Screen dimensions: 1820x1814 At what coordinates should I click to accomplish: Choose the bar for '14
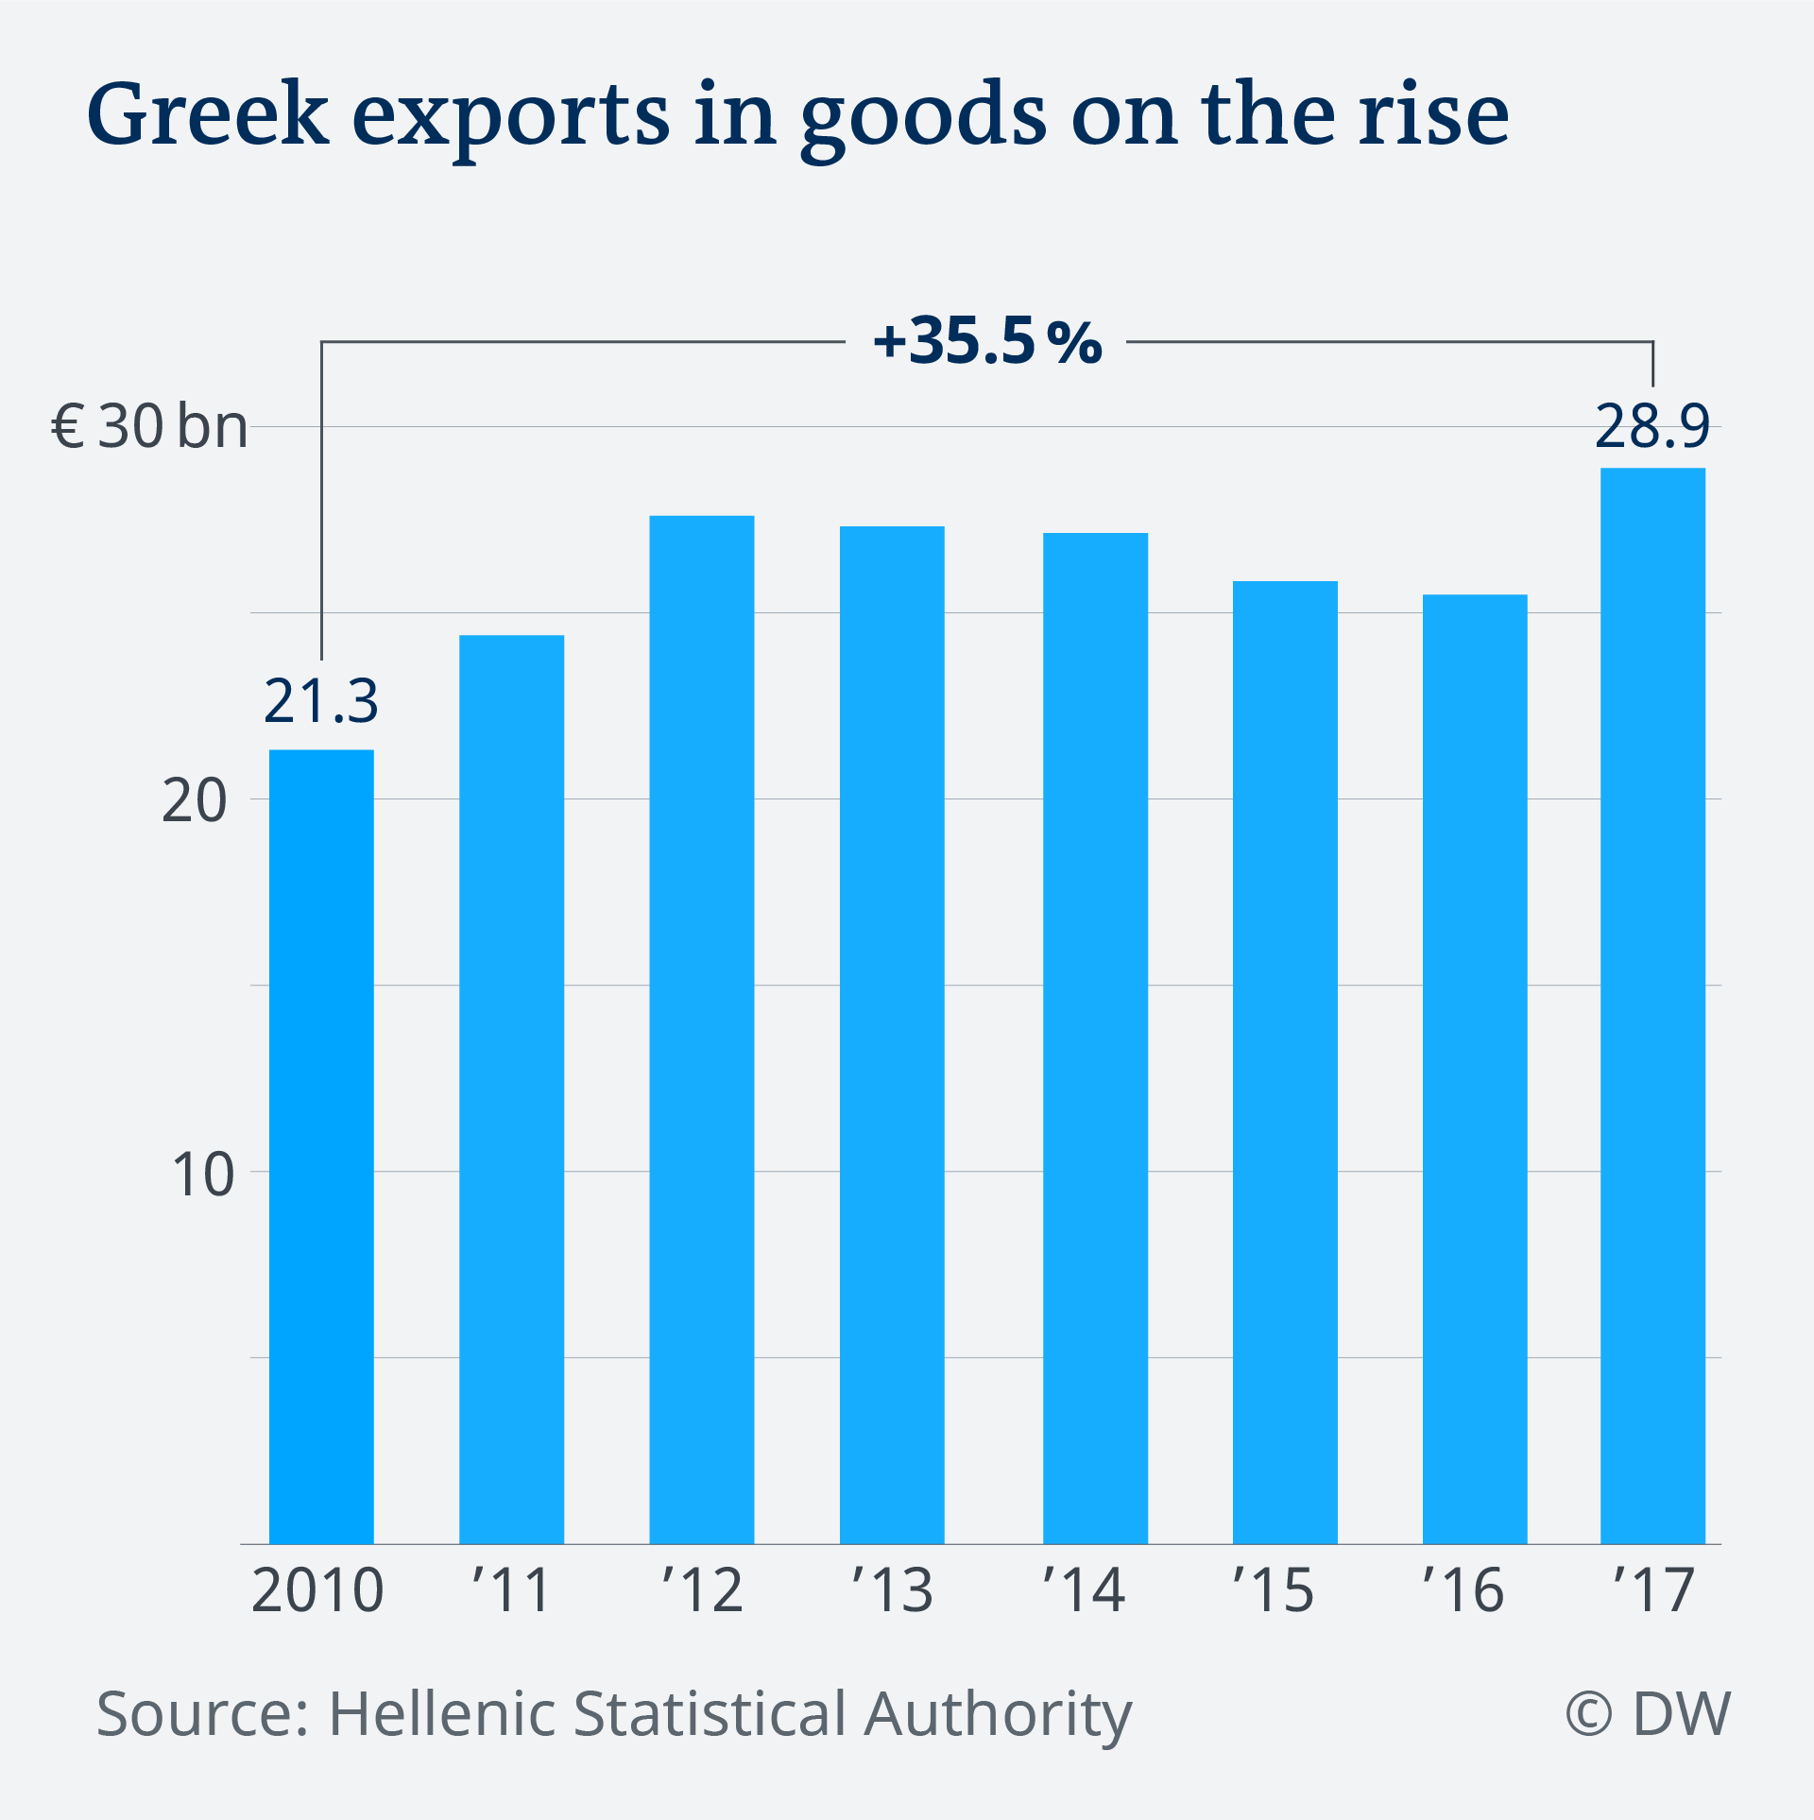(1095, 1039)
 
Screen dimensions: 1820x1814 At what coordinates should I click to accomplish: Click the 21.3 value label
(321, 702)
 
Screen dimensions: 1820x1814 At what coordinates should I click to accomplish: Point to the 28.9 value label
(1652, 427)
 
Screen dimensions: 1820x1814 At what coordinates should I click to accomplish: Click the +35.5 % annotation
(987, 342)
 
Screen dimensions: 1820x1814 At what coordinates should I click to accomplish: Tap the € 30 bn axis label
(149, 427)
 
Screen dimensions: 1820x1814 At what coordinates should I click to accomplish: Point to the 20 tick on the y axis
(195, 801)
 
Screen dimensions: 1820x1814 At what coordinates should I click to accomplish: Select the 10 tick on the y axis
(201, 1175)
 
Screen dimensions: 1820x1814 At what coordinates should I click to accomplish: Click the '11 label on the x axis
(511, 1590)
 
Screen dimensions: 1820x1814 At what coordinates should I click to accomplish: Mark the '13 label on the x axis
(892, 1590)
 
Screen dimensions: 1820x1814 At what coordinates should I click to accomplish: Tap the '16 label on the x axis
(1463, 1590)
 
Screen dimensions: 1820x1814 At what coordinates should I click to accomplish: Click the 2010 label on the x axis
(317, 1590)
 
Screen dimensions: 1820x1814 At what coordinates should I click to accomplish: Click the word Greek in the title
(207, 115)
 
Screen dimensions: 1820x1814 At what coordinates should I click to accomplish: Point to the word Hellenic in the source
(443, 1714)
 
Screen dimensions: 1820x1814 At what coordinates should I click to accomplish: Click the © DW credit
(1648, 1714)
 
